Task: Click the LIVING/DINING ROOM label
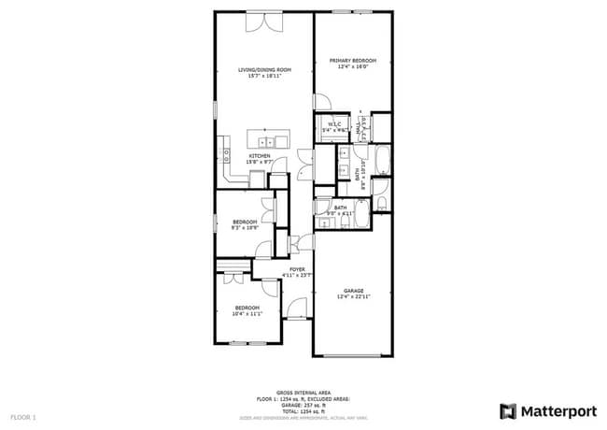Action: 264,70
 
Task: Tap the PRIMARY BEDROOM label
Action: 350,61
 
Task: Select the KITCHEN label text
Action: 259,155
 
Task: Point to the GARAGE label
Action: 353,290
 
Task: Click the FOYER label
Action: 297,269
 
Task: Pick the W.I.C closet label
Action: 333,123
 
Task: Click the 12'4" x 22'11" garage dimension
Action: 353,296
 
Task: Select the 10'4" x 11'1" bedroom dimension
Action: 247,314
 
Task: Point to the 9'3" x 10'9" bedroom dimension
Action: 245,227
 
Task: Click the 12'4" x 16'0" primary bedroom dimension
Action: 350,67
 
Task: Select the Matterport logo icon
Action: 509,410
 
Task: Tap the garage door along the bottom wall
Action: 353,356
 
